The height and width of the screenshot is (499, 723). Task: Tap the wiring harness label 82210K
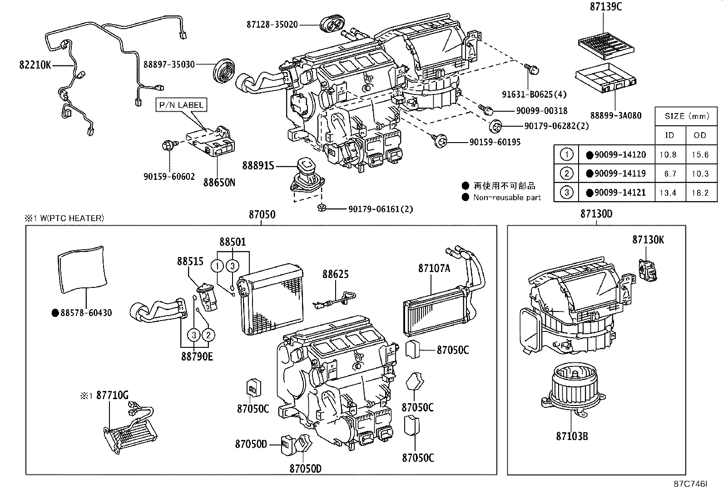[35, 65]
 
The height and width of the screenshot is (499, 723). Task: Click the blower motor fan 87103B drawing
[573, 389]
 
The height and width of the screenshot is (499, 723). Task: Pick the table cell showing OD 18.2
[700, 193]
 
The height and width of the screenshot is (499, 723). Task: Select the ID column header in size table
[669, 135]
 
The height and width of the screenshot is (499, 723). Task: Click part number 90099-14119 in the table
[619, 173]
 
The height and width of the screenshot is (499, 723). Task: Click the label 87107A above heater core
[434, 268]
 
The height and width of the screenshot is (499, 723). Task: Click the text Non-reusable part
[507, 198]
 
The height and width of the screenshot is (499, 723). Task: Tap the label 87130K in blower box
[648, 240]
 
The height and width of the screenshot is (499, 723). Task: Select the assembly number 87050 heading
[262, 214]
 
